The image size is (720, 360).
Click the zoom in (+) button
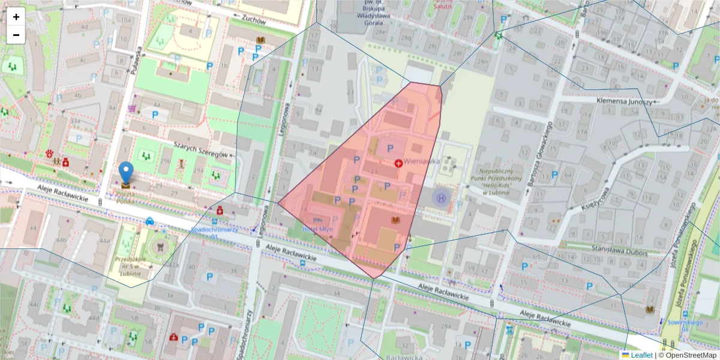16,17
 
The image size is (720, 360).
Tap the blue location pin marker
126,172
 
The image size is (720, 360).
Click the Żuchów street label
253,19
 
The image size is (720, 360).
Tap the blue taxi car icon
149,220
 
